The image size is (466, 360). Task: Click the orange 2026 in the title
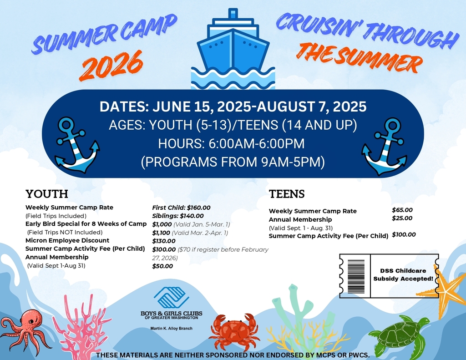tap(111, 65)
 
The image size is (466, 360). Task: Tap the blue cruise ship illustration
tap(233, 50)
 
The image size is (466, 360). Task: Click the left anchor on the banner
tap(76, 145)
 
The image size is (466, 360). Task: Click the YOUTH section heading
tap(47, 194)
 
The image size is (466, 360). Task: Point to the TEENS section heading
tap(287, 194)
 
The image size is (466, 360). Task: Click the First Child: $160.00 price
tap(181, 208)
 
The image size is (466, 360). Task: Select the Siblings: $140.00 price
tap(178, 216)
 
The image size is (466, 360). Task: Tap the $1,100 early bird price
tap(162, 233)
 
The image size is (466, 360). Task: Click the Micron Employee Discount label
tap(67, 240)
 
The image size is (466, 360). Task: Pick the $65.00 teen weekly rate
tap(402, 210)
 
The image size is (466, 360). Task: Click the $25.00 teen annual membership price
tap(402, 218)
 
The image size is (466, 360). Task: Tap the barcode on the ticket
tap(356, 276)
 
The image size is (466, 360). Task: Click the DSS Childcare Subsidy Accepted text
tap(403, 274)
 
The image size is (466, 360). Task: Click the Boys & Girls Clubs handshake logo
tap(171, 298)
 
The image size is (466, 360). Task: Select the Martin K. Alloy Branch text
tap(171, 328)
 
